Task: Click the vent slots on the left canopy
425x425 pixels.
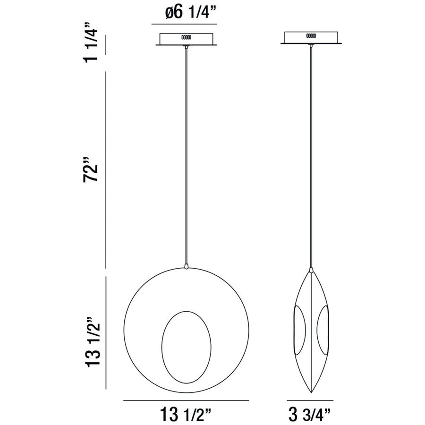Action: [x=186, y=37]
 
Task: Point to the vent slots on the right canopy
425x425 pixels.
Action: [x=311, y=35]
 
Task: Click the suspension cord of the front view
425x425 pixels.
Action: [x=187, y=156]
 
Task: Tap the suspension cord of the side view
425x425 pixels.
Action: [x=311, y=156]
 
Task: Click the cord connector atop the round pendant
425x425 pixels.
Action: [x=187, y=267]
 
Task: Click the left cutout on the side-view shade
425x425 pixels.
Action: [x=299, y=331]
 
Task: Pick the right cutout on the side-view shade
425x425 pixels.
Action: [x=323, y=331]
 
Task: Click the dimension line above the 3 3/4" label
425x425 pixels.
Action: [x=311, y=400]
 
